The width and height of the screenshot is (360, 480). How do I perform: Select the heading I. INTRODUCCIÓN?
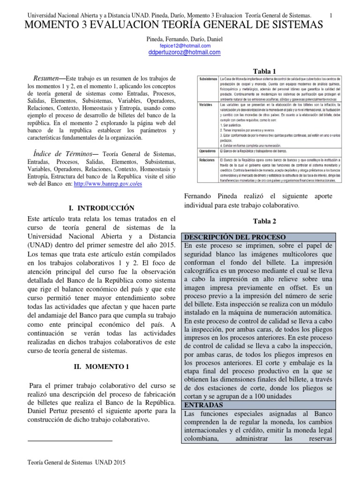point(102,208)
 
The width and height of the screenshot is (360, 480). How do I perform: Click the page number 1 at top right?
point(331,16)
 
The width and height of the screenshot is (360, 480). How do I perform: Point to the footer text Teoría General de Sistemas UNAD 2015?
point(77,462)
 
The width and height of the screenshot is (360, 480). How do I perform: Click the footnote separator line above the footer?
point(70,441)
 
